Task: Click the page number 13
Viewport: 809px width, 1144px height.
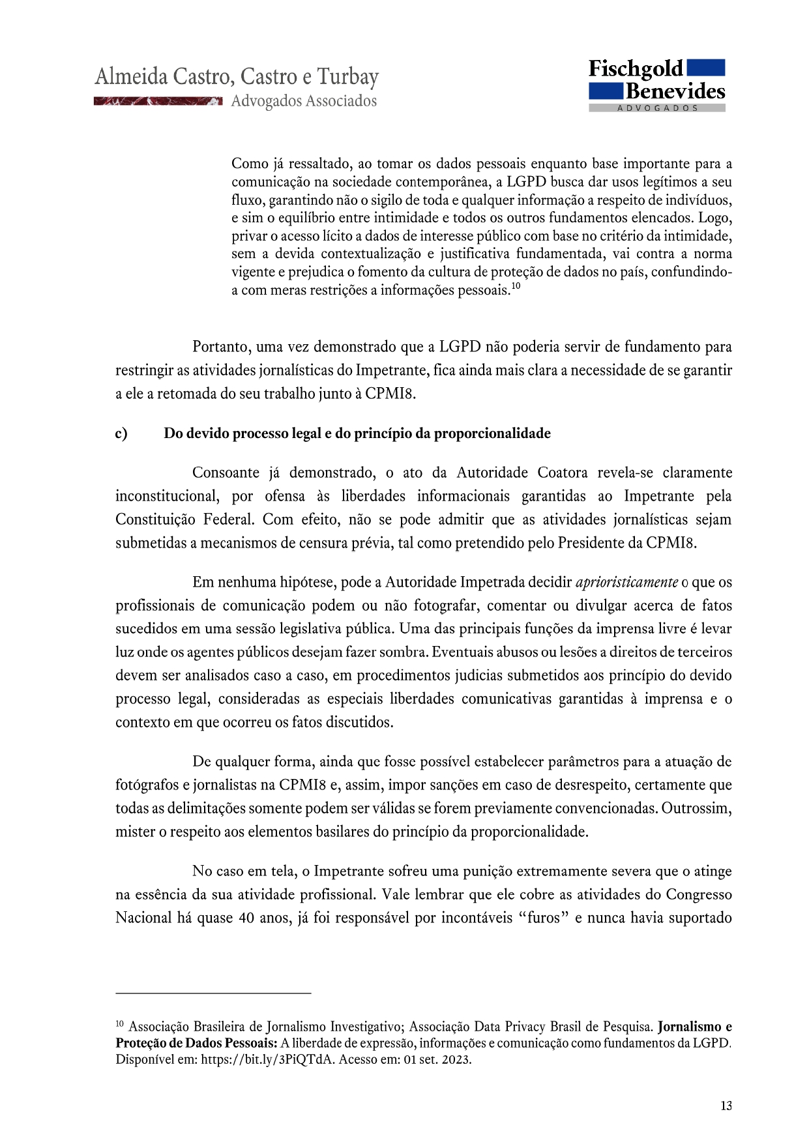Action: (726, 1106)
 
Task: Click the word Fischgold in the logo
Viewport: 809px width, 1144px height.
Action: (636, 69)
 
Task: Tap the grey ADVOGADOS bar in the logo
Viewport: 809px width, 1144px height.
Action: (657, 108)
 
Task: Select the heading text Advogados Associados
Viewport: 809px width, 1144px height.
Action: (304, 101)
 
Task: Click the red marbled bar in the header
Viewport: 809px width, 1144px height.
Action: (158, 101)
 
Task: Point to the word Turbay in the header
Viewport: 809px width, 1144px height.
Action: (347, 77)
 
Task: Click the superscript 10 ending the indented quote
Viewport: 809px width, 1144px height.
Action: (515, 286)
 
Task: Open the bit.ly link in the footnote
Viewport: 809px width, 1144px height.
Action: (267, 1059)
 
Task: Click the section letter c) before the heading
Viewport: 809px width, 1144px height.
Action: (121, 433)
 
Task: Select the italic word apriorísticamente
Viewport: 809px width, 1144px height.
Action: (626, 582)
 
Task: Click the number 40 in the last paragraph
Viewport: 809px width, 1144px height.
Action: (246, 918)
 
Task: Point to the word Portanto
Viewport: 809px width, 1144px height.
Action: (220, 347)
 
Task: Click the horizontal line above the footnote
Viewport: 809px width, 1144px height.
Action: (213, 993)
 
